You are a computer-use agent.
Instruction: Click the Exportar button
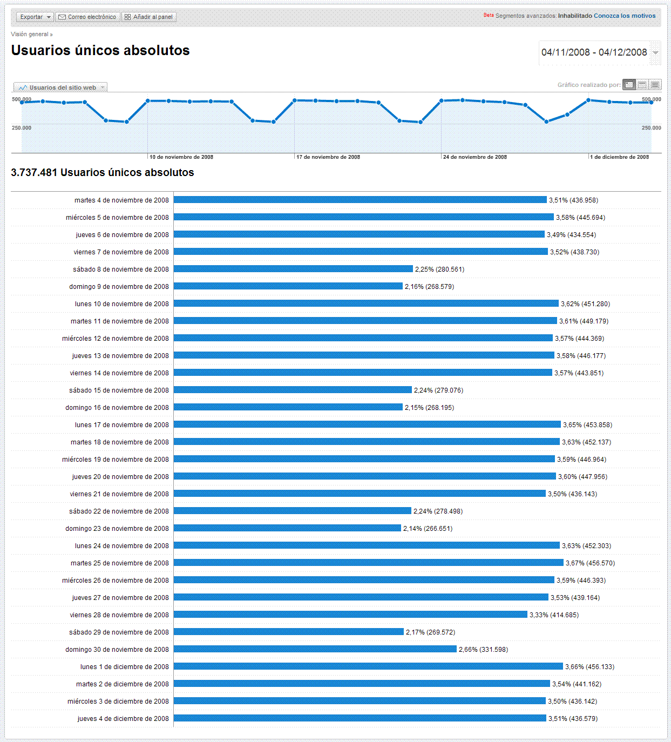coord(35,17)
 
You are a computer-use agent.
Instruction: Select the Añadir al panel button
coord(149,17)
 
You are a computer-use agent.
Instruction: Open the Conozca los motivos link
coord(625,16)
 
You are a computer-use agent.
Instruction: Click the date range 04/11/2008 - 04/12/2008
coord(594,52)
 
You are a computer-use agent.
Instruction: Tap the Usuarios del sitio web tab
coord(60,87)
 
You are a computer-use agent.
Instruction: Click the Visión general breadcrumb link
coord(30,34)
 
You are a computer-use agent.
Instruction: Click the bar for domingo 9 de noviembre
coord(288,286)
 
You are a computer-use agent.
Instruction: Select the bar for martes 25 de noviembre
coord(368,563)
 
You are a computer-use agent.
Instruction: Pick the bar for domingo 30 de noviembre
coord(315,649)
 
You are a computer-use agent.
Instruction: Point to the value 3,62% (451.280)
coord(585,304)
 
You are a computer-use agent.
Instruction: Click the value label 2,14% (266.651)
coord(428,529)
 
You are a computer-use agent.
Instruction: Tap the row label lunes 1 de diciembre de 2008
coord(124,667)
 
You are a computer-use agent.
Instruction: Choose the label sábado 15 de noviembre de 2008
coord(119,390)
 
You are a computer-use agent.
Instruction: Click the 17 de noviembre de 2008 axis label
coord(328,157)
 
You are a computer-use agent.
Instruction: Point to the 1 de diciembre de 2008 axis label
coord(619,157)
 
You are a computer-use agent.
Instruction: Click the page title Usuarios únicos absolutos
coord(100,51)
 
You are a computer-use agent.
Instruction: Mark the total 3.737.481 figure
coord(34,173)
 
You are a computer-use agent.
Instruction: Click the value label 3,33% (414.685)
coord(554,615)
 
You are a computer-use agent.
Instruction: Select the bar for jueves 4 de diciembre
coord(360,718)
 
